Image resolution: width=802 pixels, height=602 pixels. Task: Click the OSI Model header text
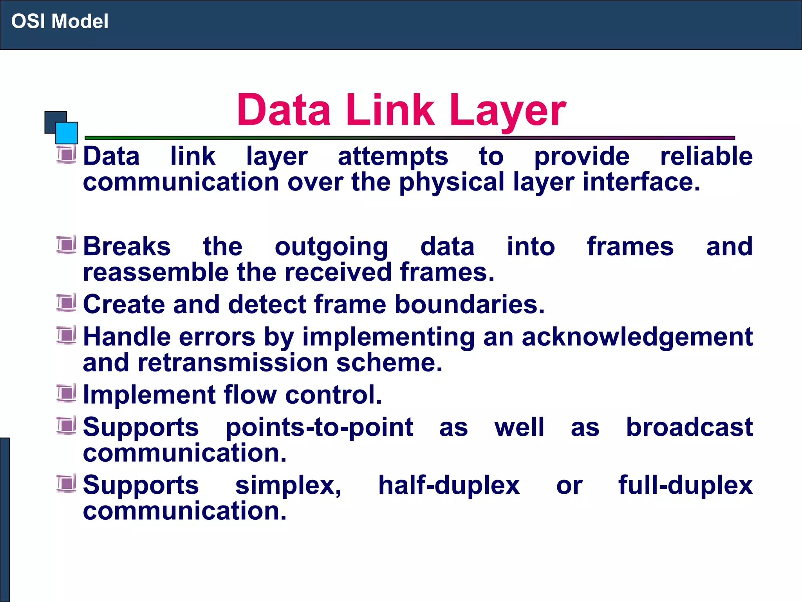(x=60, y=21)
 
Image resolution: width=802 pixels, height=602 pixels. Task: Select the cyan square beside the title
(x=67, y=133)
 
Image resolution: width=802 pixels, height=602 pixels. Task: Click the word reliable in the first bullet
(x=706, y=156)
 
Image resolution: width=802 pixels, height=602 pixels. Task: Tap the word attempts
(x=393, y=157)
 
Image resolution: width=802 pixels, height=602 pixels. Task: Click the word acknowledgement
(x=637, y=337)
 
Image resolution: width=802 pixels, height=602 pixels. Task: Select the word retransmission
(x=233, y=363)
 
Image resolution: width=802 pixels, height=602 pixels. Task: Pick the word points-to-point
(x=319, y=427)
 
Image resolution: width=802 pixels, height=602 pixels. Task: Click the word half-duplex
(x=449, y=485)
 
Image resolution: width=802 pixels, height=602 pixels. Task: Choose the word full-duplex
(x=685, y=485)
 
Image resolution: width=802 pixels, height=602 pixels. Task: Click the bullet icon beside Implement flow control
(x=66, y=393)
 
